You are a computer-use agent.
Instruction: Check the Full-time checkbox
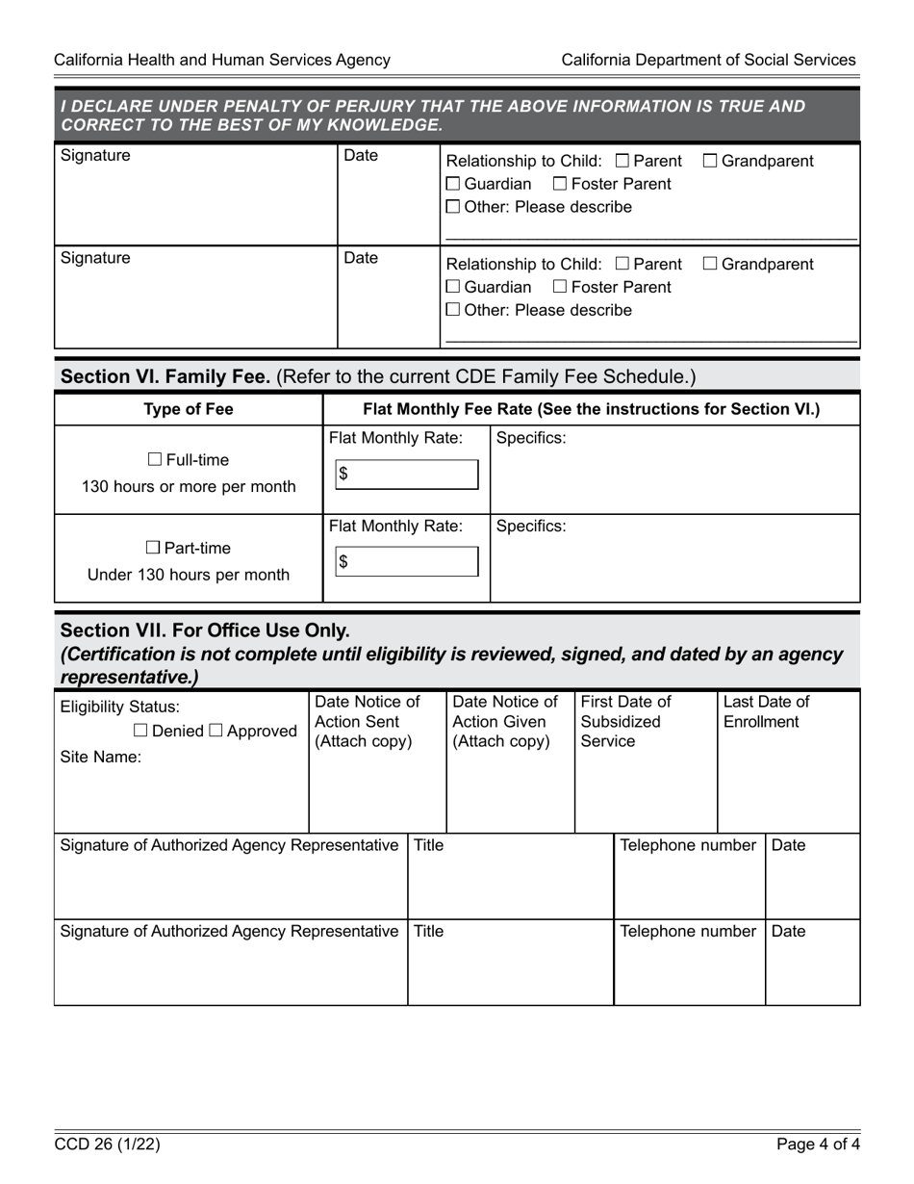[155, 460]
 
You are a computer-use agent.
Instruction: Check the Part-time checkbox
[154, 549]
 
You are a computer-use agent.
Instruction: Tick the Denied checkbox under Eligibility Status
[140, 731]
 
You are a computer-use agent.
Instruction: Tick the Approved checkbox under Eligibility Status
[216, 731]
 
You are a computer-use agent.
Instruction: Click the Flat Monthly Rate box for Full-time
[407, 474]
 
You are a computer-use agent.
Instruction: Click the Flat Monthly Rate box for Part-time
[407, 562]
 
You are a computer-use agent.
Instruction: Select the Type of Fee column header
[189, 409]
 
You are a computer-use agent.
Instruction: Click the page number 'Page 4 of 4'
[818, 1145]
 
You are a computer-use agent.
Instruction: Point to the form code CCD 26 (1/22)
[107, 1145]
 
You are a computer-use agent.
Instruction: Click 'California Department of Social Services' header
[708, 60]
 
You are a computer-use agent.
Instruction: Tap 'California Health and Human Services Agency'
[222, 60]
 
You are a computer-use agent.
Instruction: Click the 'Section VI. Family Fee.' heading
[165, 376]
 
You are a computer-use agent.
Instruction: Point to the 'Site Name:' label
[101, 757]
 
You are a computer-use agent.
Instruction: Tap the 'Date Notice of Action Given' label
[505, 721]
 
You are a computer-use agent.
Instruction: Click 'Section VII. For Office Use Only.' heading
[205, 631]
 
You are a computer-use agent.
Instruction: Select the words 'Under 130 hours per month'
[189, 576]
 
